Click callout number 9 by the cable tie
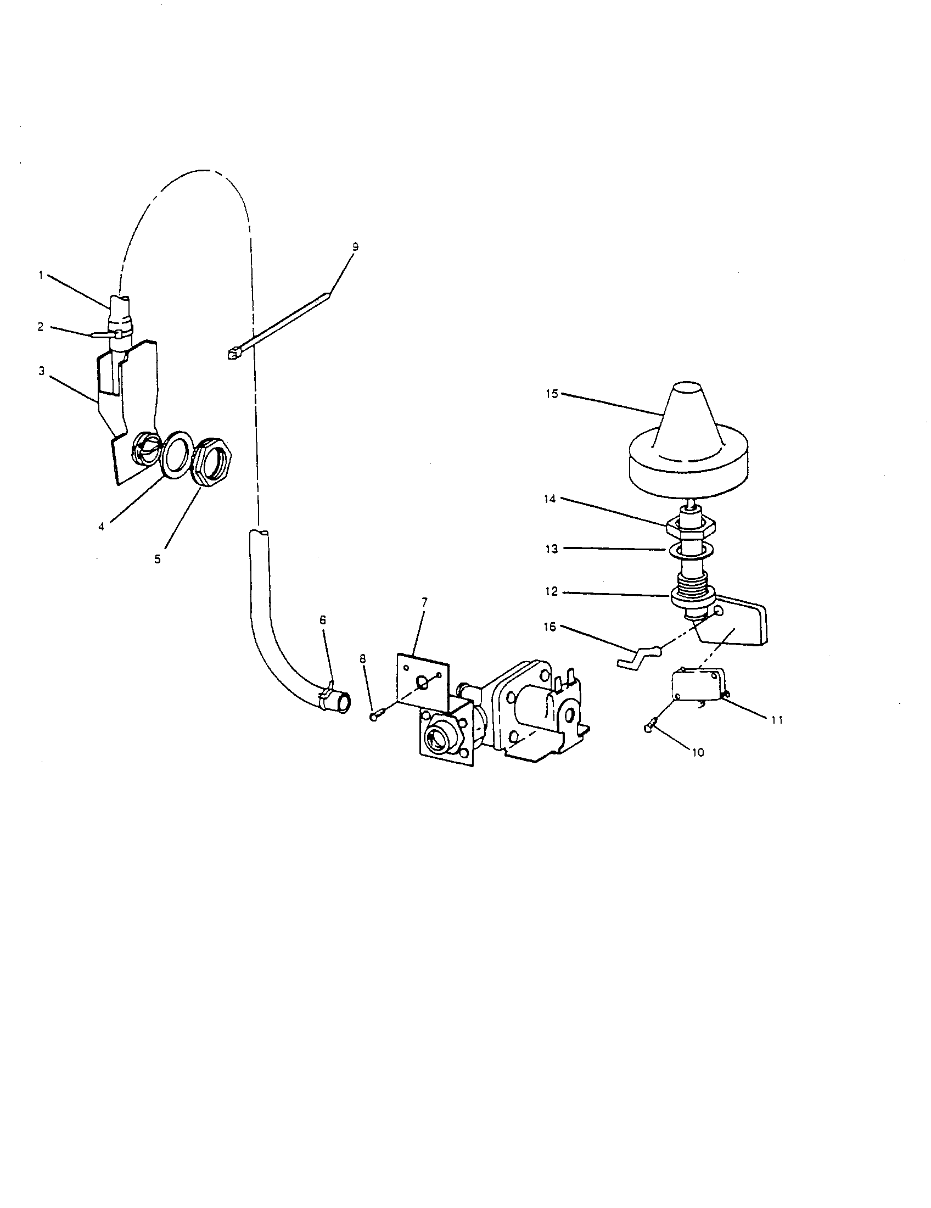[355, 247]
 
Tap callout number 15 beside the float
[552, 394]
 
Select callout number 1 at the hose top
[41, 275]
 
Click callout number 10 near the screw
[698, 752]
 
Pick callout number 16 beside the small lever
[551, 627]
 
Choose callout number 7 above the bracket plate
[424, 602]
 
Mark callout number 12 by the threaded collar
[552, 592]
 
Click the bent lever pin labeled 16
[636, 657]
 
